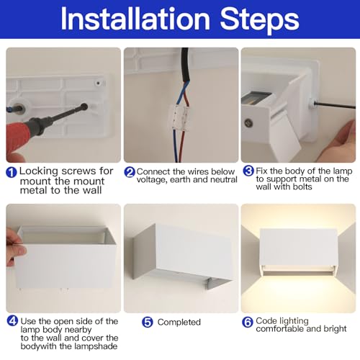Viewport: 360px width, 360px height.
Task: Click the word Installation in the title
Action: tap(135, 19)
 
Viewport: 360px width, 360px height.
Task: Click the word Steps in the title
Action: tap(260, 21)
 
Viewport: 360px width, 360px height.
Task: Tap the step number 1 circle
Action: tap(12, 172)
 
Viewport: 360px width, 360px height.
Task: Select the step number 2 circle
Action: tap(130, 172)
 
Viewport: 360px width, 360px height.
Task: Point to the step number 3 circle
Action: tap(248, 171)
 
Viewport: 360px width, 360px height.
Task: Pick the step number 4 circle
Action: tap(12, 320)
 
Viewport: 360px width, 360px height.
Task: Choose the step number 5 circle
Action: tap(148, 322)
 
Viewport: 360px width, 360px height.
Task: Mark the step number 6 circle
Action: tap(248, 322)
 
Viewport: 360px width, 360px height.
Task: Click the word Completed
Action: tap(179, 322)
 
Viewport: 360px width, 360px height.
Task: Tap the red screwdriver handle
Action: tap(17, 136)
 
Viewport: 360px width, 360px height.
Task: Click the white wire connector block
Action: tap(181, 117)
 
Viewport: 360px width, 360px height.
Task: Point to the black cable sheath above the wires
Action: tap(185, 65)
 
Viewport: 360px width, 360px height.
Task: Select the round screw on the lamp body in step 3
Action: tap(248, 122)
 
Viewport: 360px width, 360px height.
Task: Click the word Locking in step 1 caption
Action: tap(39, 171)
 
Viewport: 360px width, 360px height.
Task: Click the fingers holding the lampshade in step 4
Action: tap(15, 247)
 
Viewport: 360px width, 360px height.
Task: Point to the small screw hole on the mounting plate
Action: tap(98, 83)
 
